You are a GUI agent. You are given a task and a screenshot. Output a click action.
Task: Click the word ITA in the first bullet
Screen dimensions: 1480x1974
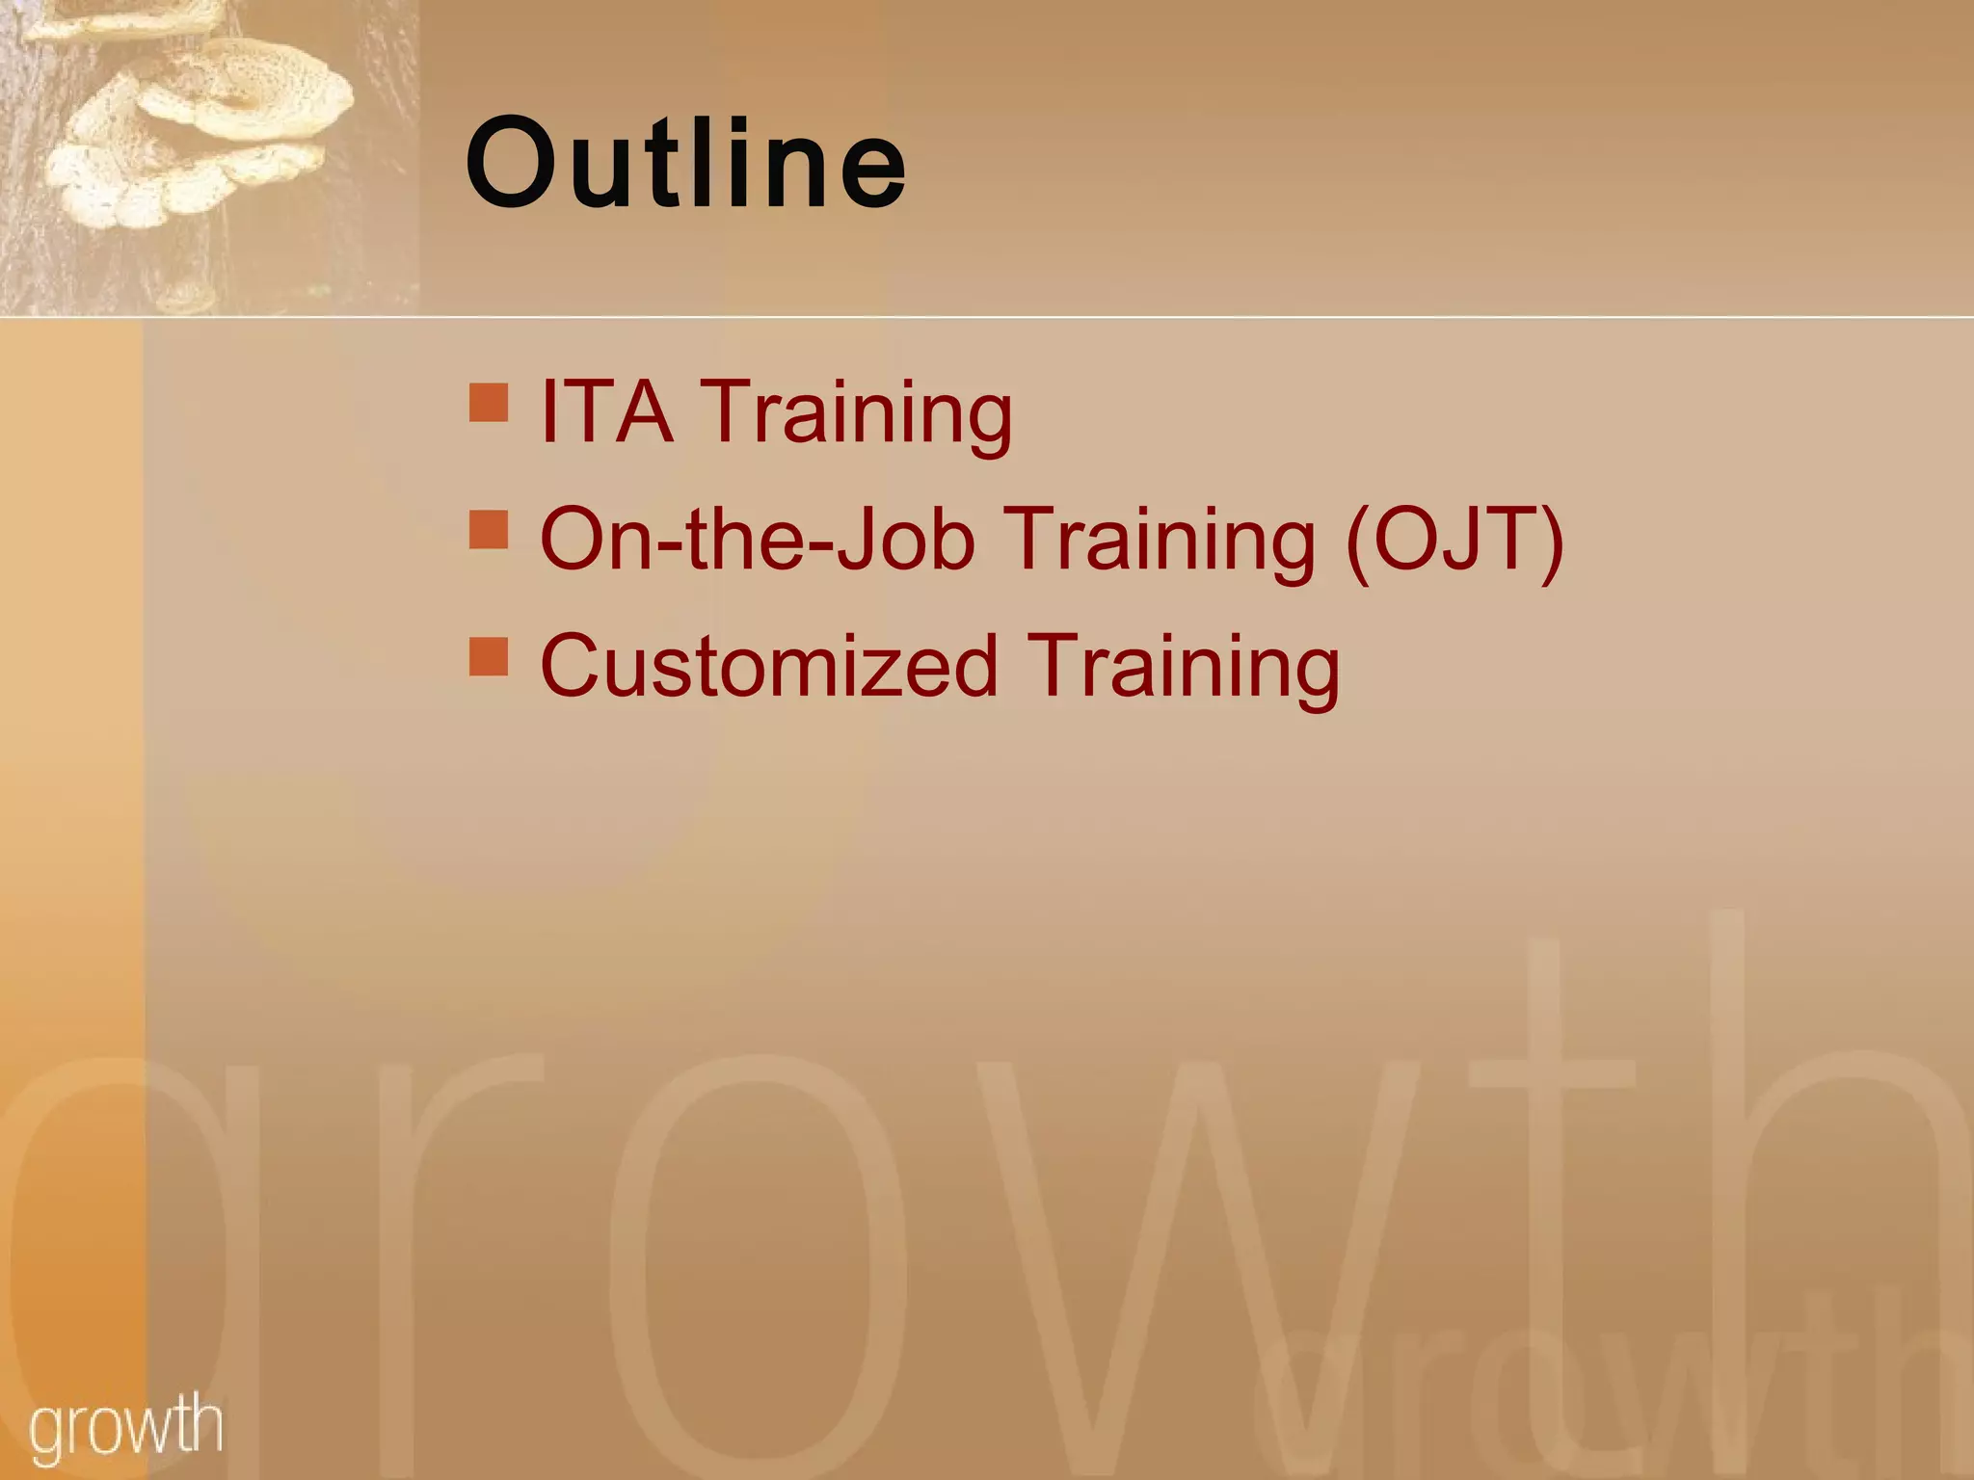coord(606,411)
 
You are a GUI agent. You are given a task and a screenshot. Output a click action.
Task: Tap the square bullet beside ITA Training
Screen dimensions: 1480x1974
coord(489,403)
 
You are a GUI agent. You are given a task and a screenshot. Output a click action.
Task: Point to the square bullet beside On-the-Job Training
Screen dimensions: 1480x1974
coord(489,530)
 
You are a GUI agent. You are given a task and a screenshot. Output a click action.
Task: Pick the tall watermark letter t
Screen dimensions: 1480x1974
coord(1561,1156)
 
